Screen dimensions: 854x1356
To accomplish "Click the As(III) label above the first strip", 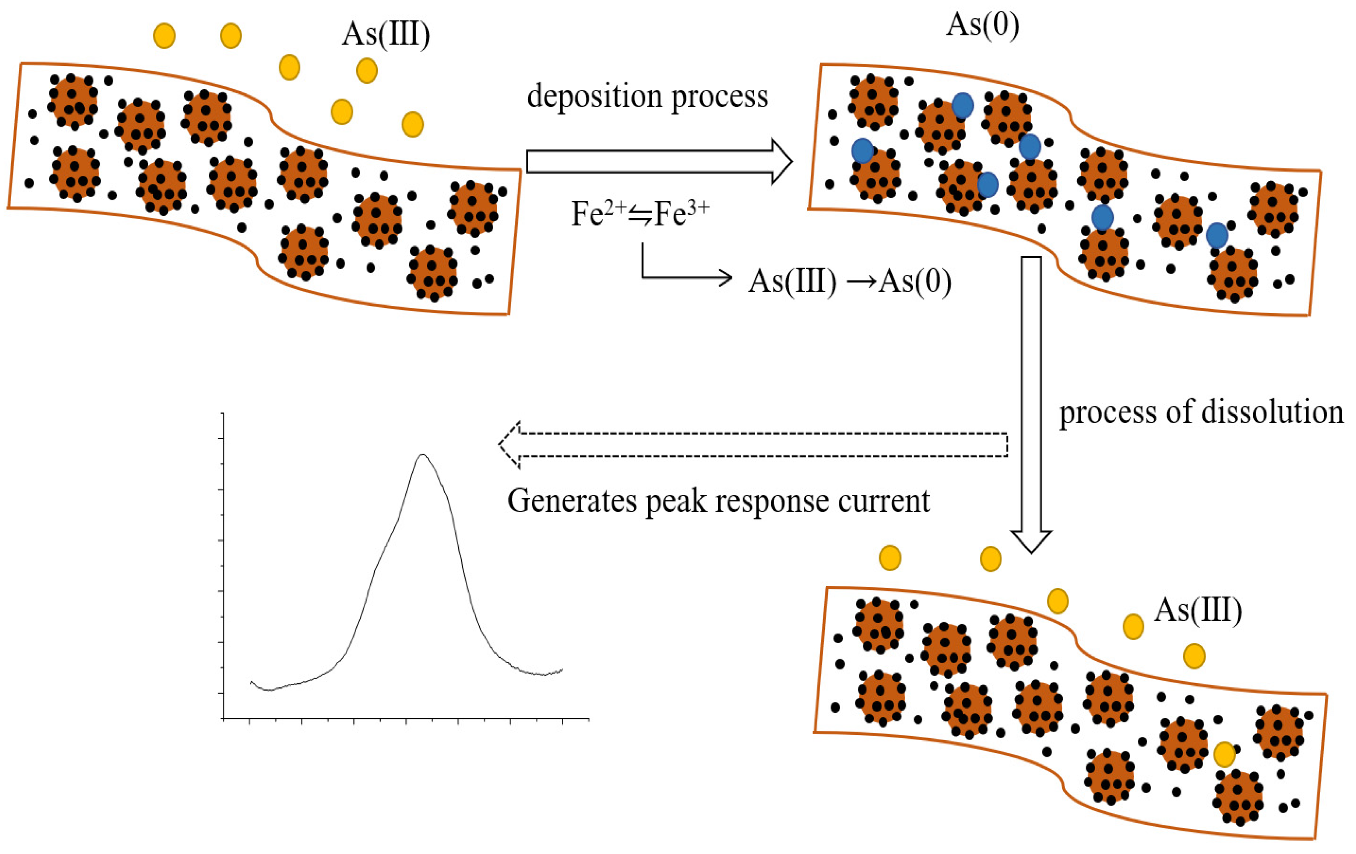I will pyautogui.click(x=386, y=35).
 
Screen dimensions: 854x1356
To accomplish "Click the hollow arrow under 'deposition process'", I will pyautogui.click(x=659, y=162).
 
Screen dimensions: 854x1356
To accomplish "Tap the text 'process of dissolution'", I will pyautogui.click(x=1201, y=413).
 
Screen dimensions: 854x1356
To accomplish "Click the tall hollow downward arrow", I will pyautogui.click(x=1031, y=405).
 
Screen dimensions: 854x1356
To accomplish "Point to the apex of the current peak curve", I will pyautogui.click(x=422, y=455).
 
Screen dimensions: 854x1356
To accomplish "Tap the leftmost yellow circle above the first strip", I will pyautogui.click(x=164, y=35).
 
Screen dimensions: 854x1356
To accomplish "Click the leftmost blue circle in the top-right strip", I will pyautogui.click(x=862, y=151).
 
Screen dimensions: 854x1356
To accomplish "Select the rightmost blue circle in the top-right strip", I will pyautogui.click(x=1216, y=235).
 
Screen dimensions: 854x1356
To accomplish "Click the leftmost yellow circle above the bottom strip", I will pyautogui.click(x=890, y=558).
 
